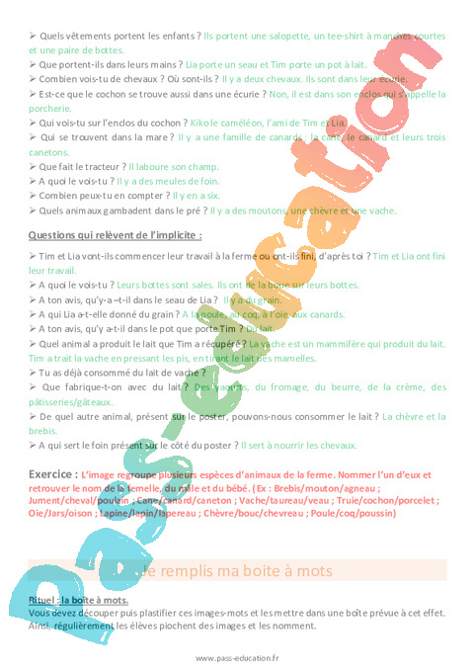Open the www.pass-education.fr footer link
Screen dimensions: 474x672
click(237, 659)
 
